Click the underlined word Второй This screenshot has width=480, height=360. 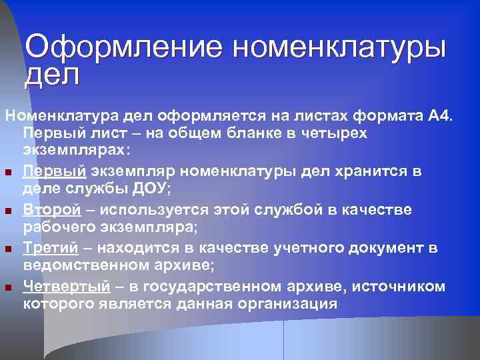point(52,210)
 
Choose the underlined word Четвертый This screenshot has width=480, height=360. point(66,287)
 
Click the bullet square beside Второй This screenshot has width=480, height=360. point(9,211)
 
